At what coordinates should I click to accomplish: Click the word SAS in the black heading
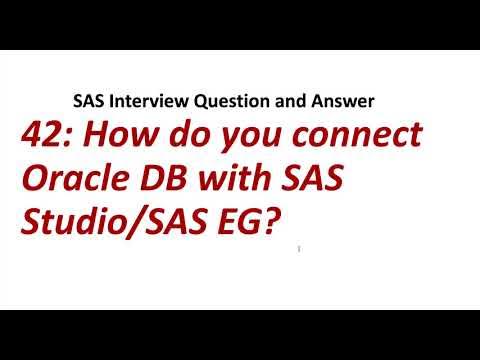(x=87, y=101)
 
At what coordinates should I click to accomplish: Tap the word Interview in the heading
(x=140, y=101)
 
